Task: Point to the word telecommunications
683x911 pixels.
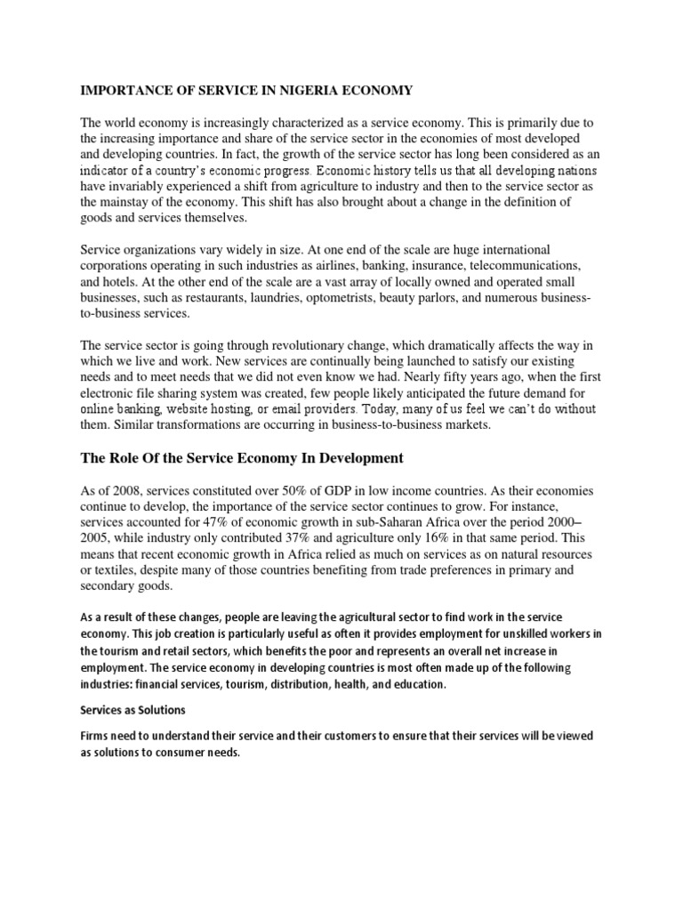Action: coord(526,266)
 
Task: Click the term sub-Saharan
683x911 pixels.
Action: coord(391,523)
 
